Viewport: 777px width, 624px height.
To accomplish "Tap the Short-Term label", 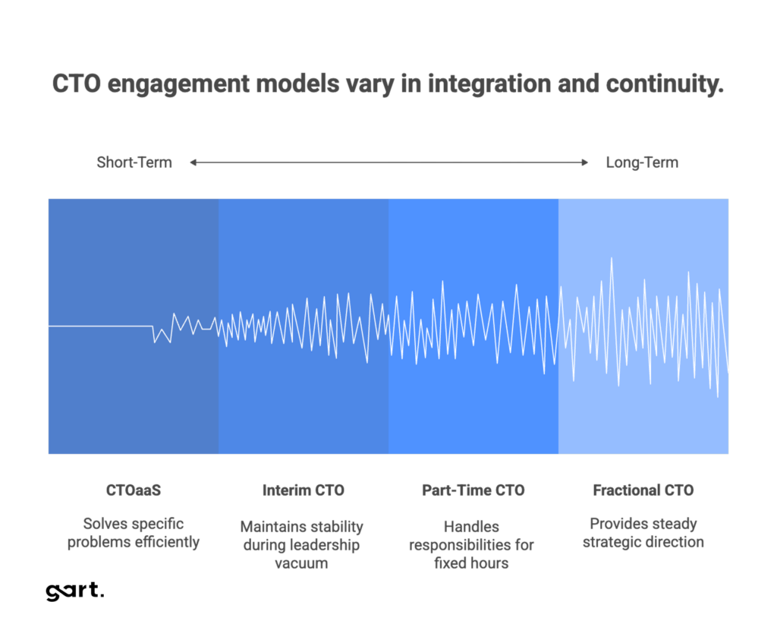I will (x=134, y=162).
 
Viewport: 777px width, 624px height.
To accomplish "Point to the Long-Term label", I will (x=642, y=162).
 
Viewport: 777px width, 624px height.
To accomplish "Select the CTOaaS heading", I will (x=134, y=490).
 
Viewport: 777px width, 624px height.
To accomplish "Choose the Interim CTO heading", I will (x=303, y=490).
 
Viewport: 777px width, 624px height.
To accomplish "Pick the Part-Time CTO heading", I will (x=473, y=490).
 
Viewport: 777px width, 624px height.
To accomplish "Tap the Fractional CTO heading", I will (x=643, y=490).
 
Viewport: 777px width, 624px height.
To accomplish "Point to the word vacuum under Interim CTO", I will (x=302, y=563).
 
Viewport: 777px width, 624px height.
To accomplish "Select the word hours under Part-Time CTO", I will (x=490, y=563).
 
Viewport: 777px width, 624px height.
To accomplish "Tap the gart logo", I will (x=74, y=591).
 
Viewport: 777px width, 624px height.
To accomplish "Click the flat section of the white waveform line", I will (x=99, y=326).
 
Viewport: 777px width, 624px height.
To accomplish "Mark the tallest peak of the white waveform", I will (x=612, y=260).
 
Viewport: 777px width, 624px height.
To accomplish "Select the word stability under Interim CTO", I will (x=335, y=527).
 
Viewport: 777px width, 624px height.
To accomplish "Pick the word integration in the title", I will (x=488, y=84).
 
